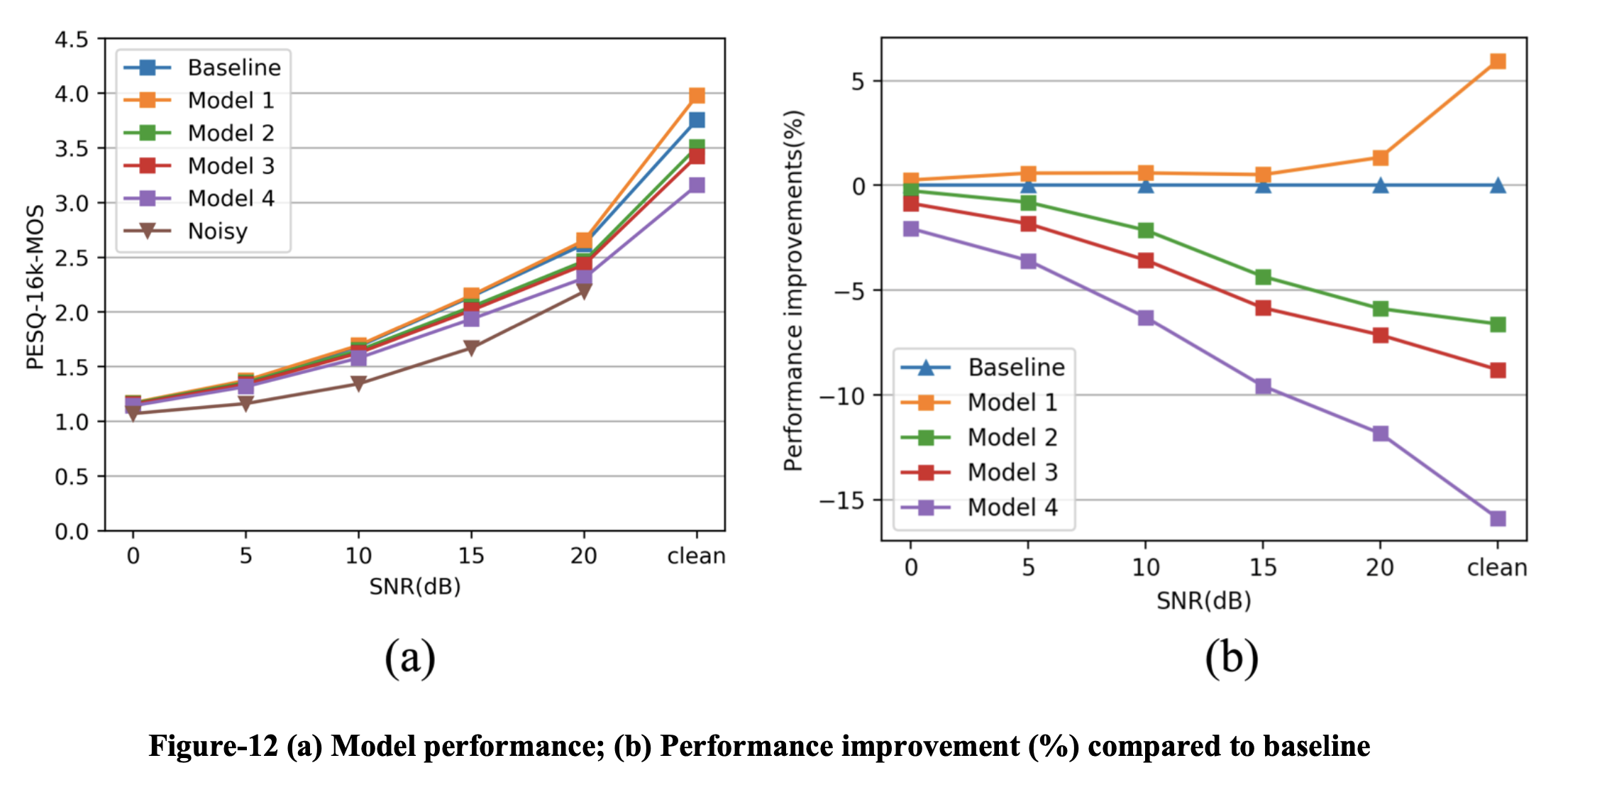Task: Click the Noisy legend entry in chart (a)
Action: click(217, 231)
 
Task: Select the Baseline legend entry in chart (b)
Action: click(1015, 368)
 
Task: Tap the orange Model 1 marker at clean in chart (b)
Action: click(1497, 62)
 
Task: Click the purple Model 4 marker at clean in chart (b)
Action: click(1497, 519)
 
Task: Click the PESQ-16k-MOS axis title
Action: click(35, 287)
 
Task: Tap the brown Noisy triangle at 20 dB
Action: click(583, 291)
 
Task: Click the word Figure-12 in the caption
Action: click(213, 747)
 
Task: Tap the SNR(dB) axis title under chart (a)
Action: click(415, 587)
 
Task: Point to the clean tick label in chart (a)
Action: click(696, 556)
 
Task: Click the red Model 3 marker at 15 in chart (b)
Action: click(1263, 308)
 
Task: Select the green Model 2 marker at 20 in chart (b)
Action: click(1380, 309)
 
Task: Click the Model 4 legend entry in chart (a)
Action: click(231, 199)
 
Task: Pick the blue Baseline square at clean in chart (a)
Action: click(697, 120)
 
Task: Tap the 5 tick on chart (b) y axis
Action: click(858, 82)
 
